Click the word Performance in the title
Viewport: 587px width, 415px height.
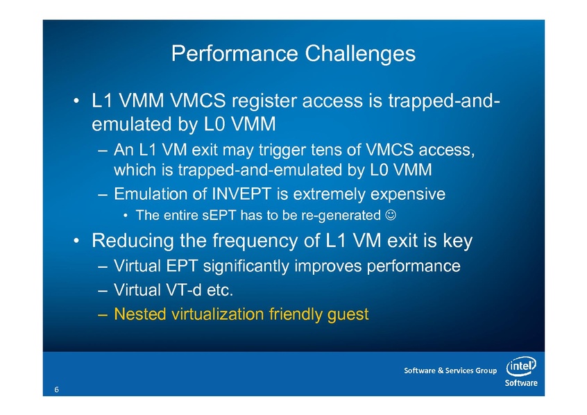tap(235, 53)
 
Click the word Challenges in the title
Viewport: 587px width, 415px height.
tap(360, 53)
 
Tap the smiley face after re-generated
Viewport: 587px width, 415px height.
tap(391, 215)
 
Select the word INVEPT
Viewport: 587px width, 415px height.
tap(241, 194)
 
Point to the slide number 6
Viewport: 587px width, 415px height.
tap(56, 389)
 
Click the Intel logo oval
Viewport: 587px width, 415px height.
tap(521, 366)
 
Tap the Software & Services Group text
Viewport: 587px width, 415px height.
tap(450, 371)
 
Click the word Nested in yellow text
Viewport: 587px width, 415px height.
tap(139, 314)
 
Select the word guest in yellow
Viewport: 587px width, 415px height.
tap(348, 314)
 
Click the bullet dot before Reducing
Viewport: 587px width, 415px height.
tap(76, 242)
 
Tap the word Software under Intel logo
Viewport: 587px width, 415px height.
tap(521, 383)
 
